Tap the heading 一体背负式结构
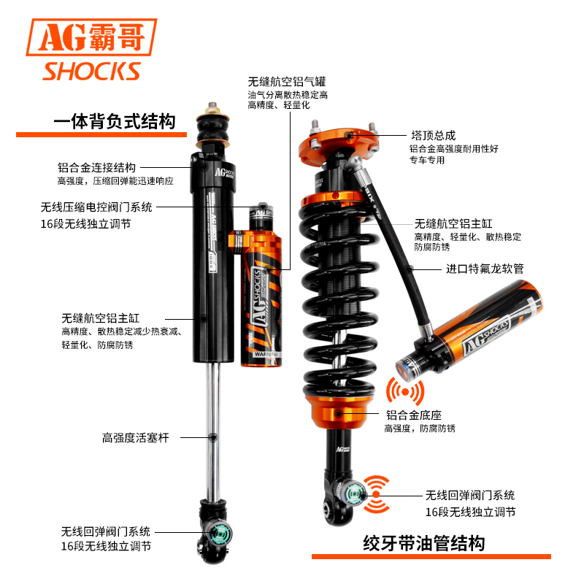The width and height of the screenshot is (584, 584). point(115,121)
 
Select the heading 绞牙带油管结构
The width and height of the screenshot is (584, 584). point(423,542)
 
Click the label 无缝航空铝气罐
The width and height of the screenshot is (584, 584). point(286,82)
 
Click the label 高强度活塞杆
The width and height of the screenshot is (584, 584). point(135,437)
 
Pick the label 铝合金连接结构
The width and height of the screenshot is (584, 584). point(96,167)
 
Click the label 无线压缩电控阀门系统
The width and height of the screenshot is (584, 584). point(96,207)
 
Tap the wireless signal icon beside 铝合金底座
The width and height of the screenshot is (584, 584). point(405,391)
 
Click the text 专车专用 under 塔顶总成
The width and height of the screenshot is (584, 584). point(426,160)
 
